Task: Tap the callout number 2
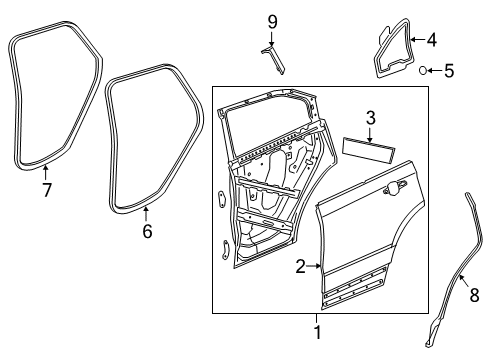300,267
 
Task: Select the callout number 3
370,119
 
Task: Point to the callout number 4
431,41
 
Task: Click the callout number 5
449,70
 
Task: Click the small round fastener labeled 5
424,70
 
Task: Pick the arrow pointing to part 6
146,212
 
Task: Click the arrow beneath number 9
271,38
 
